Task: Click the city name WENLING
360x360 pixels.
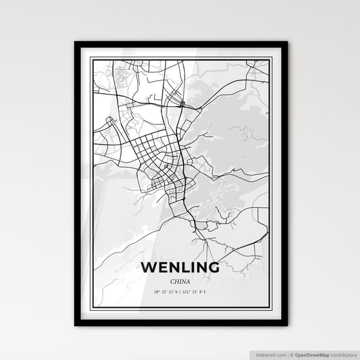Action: (180, 267)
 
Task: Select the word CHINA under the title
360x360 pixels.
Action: (180, 280)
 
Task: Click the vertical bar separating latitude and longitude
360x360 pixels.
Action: (180, 291)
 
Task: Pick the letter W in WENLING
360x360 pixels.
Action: (149, 267)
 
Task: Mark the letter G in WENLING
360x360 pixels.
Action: (213, 267)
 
